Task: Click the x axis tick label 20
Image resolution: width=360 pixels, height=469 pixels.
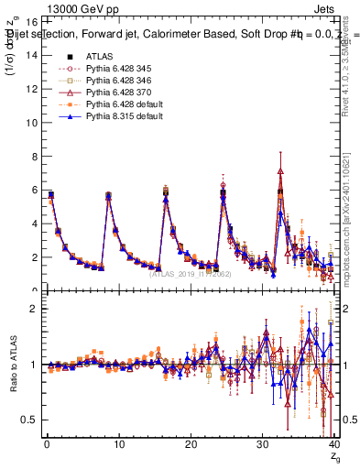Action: pos(190,444)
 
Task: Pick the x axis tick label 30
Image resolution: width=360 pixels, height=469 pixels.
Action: pos(262,444)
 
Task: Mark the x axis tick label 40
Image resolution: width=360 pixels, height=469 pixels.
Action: pos(333,444)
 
